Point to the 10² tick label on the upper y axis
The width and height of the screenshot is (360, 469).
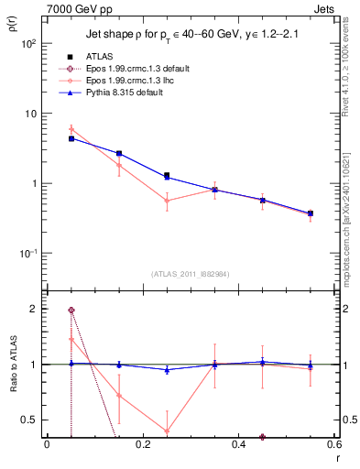[x=27, y=44]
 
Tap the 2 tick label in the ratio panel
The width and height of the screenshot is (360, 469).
[x=33, y=310]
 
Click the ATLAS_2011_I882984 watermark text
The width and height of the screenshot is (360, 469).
[x=191, y=274]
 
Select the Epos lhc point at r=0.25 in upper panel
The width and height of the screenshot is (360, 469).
[x=167, y=200]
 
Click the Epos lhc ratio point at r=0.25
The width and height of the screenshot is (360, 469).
[x=167, y=431]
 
